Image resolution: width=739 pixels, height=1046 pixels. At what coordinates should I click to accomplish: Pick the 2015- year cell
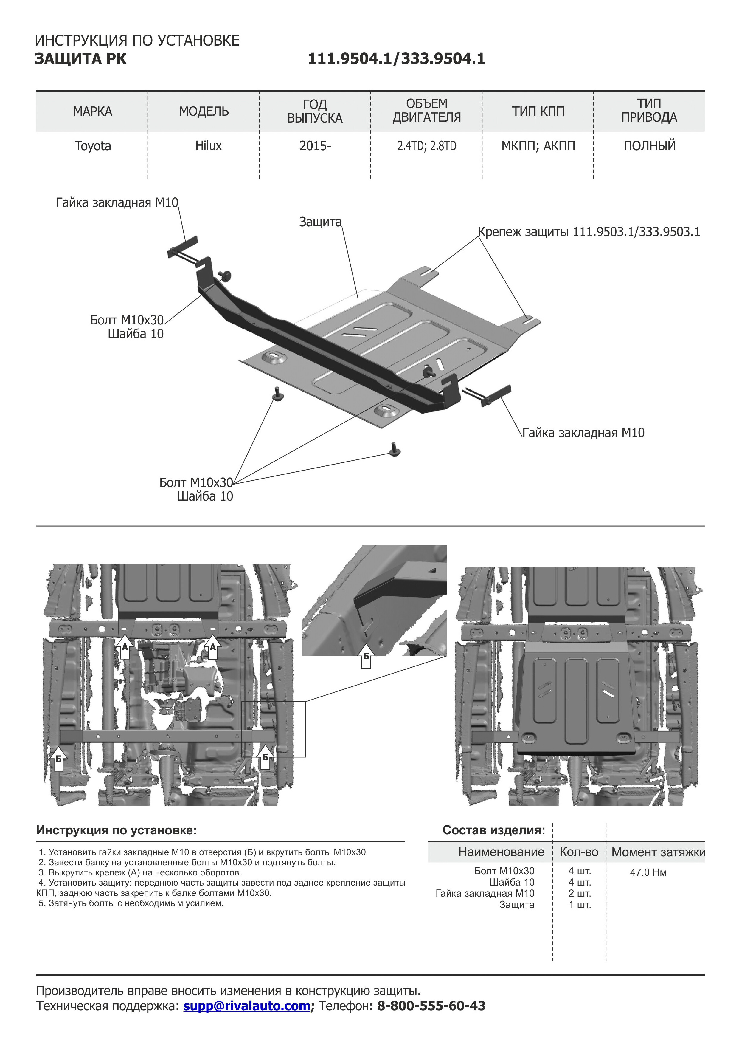click(315, 146)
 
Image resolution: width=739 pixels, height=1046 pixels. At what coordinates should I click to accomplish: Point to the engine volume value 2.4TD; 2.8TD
click(427, 146)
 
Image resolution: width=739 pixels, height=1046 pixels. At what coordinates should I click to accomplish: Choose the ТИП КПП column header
click(538, 112)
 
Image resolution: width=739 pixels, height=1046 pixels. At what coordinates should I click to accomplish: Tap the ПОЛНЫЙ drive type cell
click(649, 146)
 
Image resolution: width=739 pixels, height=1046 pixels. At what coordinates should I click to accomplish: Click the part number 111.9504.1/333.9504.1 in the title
click(396, 59)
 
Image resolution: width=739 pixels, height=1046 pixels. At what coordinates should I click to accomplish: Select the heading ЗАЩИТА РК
click(80, 59)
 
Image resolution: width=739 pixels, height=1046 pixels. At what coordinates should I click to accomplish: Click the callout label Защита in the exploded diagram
click(320, 222)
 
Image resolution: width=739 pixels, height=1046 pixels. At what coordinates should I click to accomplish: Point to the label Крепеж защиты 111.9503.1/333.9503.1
click(589, 232)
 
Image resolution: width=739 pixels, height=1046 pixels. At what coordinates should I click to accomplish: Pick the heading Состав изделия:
click(493, 830)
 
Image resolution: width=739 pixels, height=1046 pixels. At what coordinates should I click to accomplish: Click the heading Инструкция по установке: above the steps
click(116, 830)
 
